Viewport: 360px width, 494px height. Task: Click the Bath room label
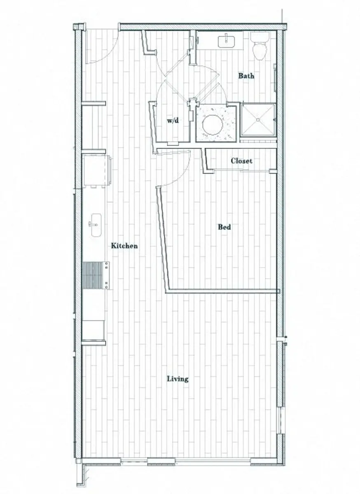[x=246, y=76]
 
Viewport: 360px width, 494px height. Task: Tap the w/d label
[x=173, y=121]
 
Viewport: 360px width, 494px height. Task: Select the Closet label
[x=241, y=161]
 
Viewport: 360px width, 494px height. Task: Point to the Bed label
[x=224, y=227]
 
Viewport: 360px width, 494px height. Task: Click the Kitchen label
[x=124, y=246]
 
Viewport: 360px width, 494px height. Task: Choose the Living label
[x=178, y=379]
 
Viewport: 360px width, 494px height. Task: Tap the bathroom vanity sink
[x=226, y=41]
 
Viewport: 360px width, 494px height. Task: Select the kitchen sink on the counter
[x=95, y=225]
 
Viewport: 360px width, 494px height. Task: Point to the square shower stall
[x=257, y=120]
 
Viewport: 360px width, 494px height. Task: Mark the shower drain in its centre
[x=258, y=120]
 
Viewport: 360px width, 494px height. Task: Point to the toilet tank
[x=260, y=37]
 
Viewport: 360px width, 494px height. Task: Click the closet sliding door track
[x=243, y=170]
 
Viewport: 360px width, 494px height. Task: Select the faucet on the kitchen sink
[x=91, y=224]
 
